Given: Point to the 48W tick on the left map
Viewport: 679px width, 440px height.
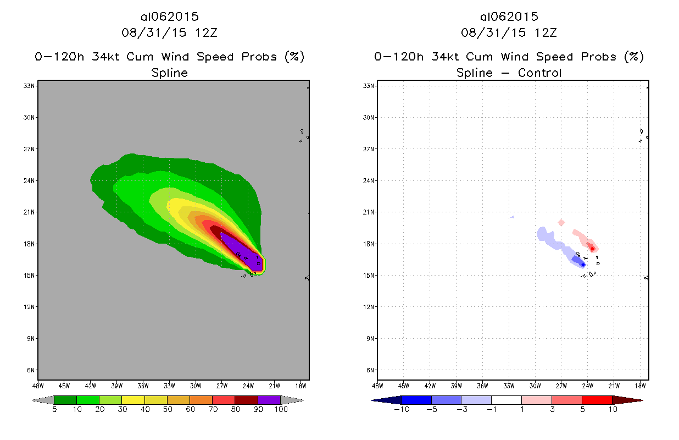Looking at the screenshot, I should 37,385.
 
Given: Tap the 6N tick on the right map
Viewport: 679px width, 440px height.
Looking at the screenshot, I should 370,370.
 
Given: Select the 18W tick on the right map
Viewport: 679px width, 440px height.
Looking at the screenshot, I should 641,385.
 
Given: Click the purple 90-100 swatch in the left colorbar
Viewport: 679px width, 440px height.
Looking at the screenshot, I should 269,400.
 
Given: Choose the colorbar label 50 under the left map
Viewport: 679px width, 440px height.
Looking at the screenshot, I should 166,409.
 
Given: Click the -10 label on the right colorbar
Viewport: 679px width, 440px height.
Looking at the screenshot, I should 400,409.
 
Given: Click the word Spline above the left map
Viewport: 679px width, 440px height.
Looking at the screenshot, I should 170,73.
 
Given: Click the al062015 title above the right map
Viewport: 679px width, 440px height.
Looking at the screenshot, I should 509,16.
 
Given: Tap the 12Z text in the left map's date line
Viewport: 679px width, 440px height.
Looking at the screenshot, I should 207,32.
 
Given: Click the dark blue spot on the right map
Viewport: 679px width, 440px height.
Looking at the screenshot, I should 583,265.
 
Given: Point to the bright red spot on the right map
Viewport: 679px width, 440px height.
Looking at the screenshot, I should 592,249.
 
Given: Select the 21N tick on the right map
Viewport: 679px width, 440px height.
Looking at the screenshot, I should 370,212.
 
